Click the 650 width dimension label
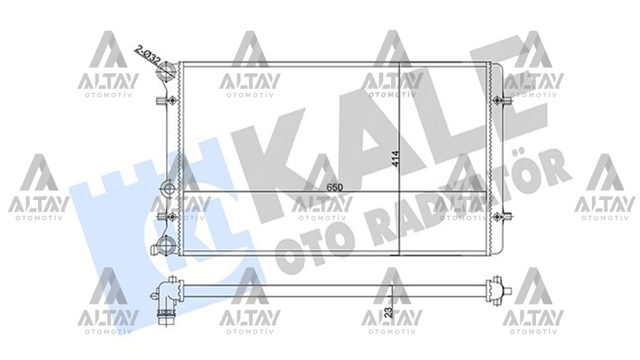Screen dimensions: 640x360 (x=334, y=187)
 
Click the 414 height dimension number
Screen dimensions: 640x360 (x=395, y=159)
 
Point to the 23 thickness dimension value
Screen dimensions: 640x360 (x=389, y=313)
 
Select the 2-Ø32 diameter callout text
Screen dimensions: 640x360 (x=148, y=55)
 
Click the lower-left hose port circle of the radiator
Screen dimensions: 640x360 (x=166, y=245)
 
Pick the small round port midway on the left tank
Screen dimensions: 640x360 (x=169, y=188)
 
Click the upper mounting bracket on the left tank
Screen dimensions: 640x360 (x=166, y=101)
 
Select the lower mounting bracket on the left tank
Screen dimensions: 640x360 (x=166, y=217)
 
